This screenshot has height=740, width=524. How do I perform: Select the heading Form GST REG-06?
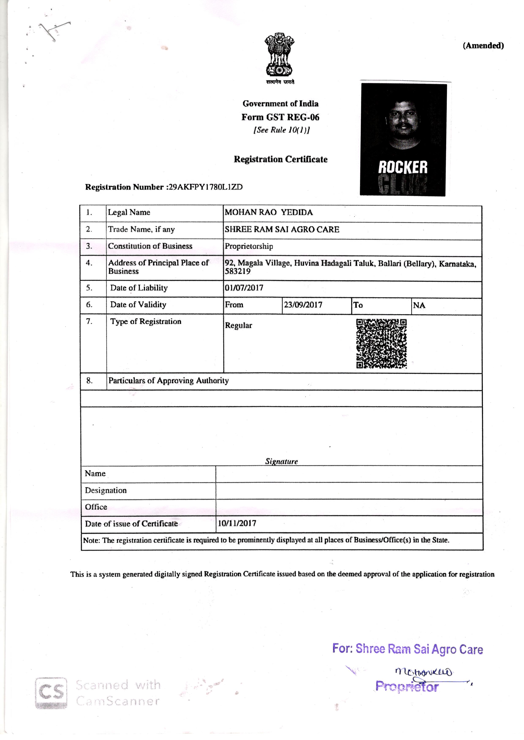(x=280, y=117)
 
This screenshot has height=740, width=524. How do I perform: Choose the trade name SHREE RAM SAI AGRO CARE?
(x=282, y=230)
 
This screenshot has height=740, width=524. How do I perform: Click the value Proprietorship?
(x=249, y=246)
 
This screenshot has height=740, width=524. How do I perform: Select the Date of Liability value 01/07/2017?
(x=244, y=288)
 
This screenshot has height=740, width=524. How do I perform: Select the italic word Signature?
(x=281, y=461)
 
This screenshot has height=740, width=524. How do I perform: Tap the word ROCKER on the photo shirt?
(x=403, y=168)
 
